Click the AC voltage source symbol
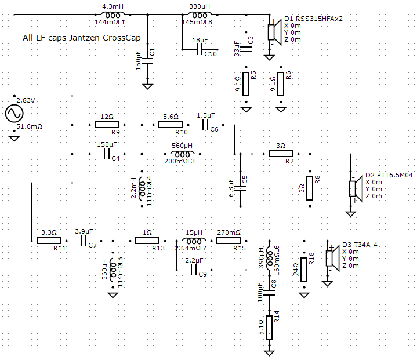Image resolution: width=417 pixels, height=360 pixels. (x=14, y=113)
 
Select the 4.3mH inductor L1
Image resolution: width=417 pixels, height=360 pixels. (x=113, y=15)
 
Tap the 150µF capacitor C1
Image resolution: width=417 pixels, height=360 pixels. (x=148, y=61)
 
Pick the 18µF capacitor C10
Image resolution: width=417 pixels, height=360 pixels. (x=200, y=49)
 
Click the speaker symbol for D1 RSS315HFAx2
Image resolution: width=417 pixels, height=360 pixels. (x=274, y=32)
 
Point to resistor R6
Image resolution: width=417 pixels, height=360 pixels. (x=281, y=84)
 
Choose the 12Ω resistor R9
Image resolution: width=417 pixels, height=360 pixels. (x=107, y=125)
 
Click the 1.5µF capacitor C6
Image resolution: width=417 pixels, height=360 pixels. (x=205, y=125)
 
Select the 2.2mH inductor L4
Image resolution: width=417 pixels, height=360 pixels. (x=142, y=188)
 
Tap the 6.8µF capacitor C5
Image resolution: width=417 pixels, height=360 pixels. (x=241, y=188)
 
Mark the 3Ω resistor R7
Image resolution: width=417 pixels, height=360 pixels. (x=281, y=154)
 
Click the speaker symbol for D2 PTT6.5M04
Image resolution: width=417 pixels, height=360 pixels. (x=356, y=188)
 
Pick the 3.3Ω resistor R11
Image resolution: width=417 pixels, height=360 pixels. (x=49, y=241)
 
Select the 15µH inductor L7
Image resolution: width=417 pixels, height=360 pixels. (x=194, y=241)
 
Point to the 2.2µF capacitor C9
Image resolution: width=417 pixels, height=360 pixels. (x=194, y=270)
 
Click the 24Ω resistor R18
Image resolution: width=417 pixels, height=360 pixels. (x=304, y=270)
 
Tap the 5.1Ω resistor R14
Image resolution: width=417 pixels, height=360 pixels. (x=269, y=328)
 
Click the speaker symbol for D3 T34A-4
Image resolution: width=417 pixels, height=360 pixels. (x=332, y=258)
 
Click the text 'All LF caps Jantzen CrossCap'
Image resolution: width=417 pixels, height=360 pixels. (x=82, y=38)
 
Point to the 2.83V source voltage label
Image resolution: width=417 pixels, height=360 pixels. (x=26, y=100)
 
